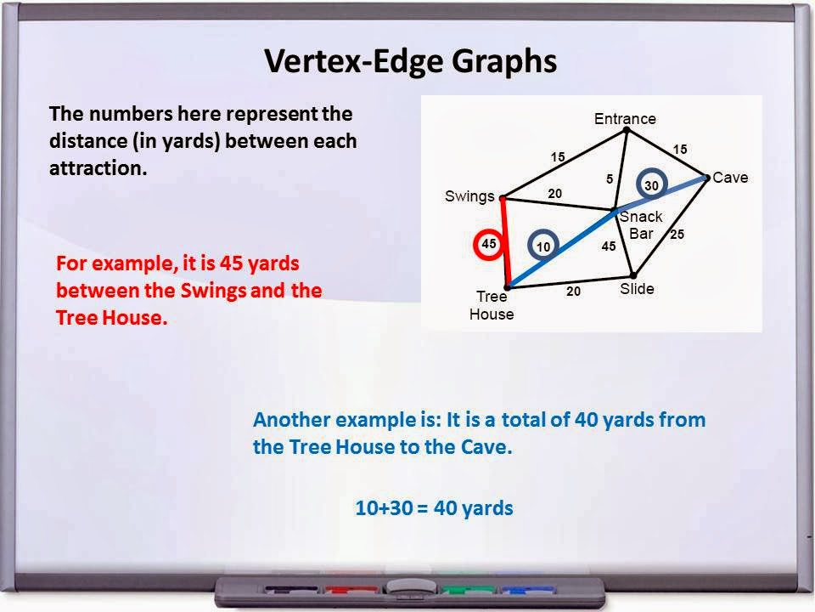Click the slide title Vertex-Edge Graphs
pos(411,62)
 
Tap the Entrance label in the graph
pos(625,119)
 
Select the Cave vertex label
pos(730,178)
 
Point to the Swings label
pos(469,196)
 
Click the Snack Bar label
pos(641,225)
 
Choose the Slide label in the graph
pos(637,289)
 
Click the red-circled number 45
pos(489,244)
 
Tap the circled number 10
pos(543,246)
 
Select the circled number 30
pos(651,185)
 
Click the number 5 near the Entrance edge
pos(610,178)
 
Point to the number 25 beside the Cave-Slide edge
pos(677,235)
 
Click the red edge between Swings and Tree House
pos(505,242)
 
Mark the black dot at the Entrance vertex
pos(626,130)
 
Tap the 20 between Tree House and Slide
pos(574,291)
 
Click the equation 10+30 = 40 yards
pos(434,508)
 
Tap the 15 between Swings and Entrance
pos(557,156)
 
